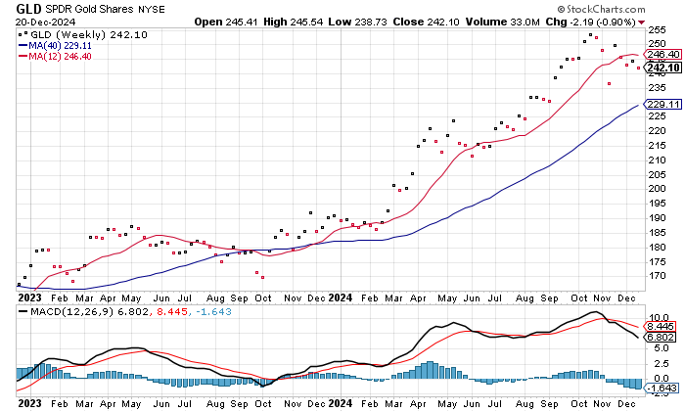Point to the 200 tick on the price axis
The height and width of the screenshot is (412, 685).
[x=658, y=189]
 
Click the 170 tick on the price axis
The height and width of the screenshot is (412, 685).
[x=658, y=275]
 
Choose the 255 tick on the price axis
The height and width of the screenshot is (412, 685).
[x=658, y=30]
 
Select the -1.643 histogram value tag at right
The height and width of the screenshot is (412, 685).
[x=662, y=388]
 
